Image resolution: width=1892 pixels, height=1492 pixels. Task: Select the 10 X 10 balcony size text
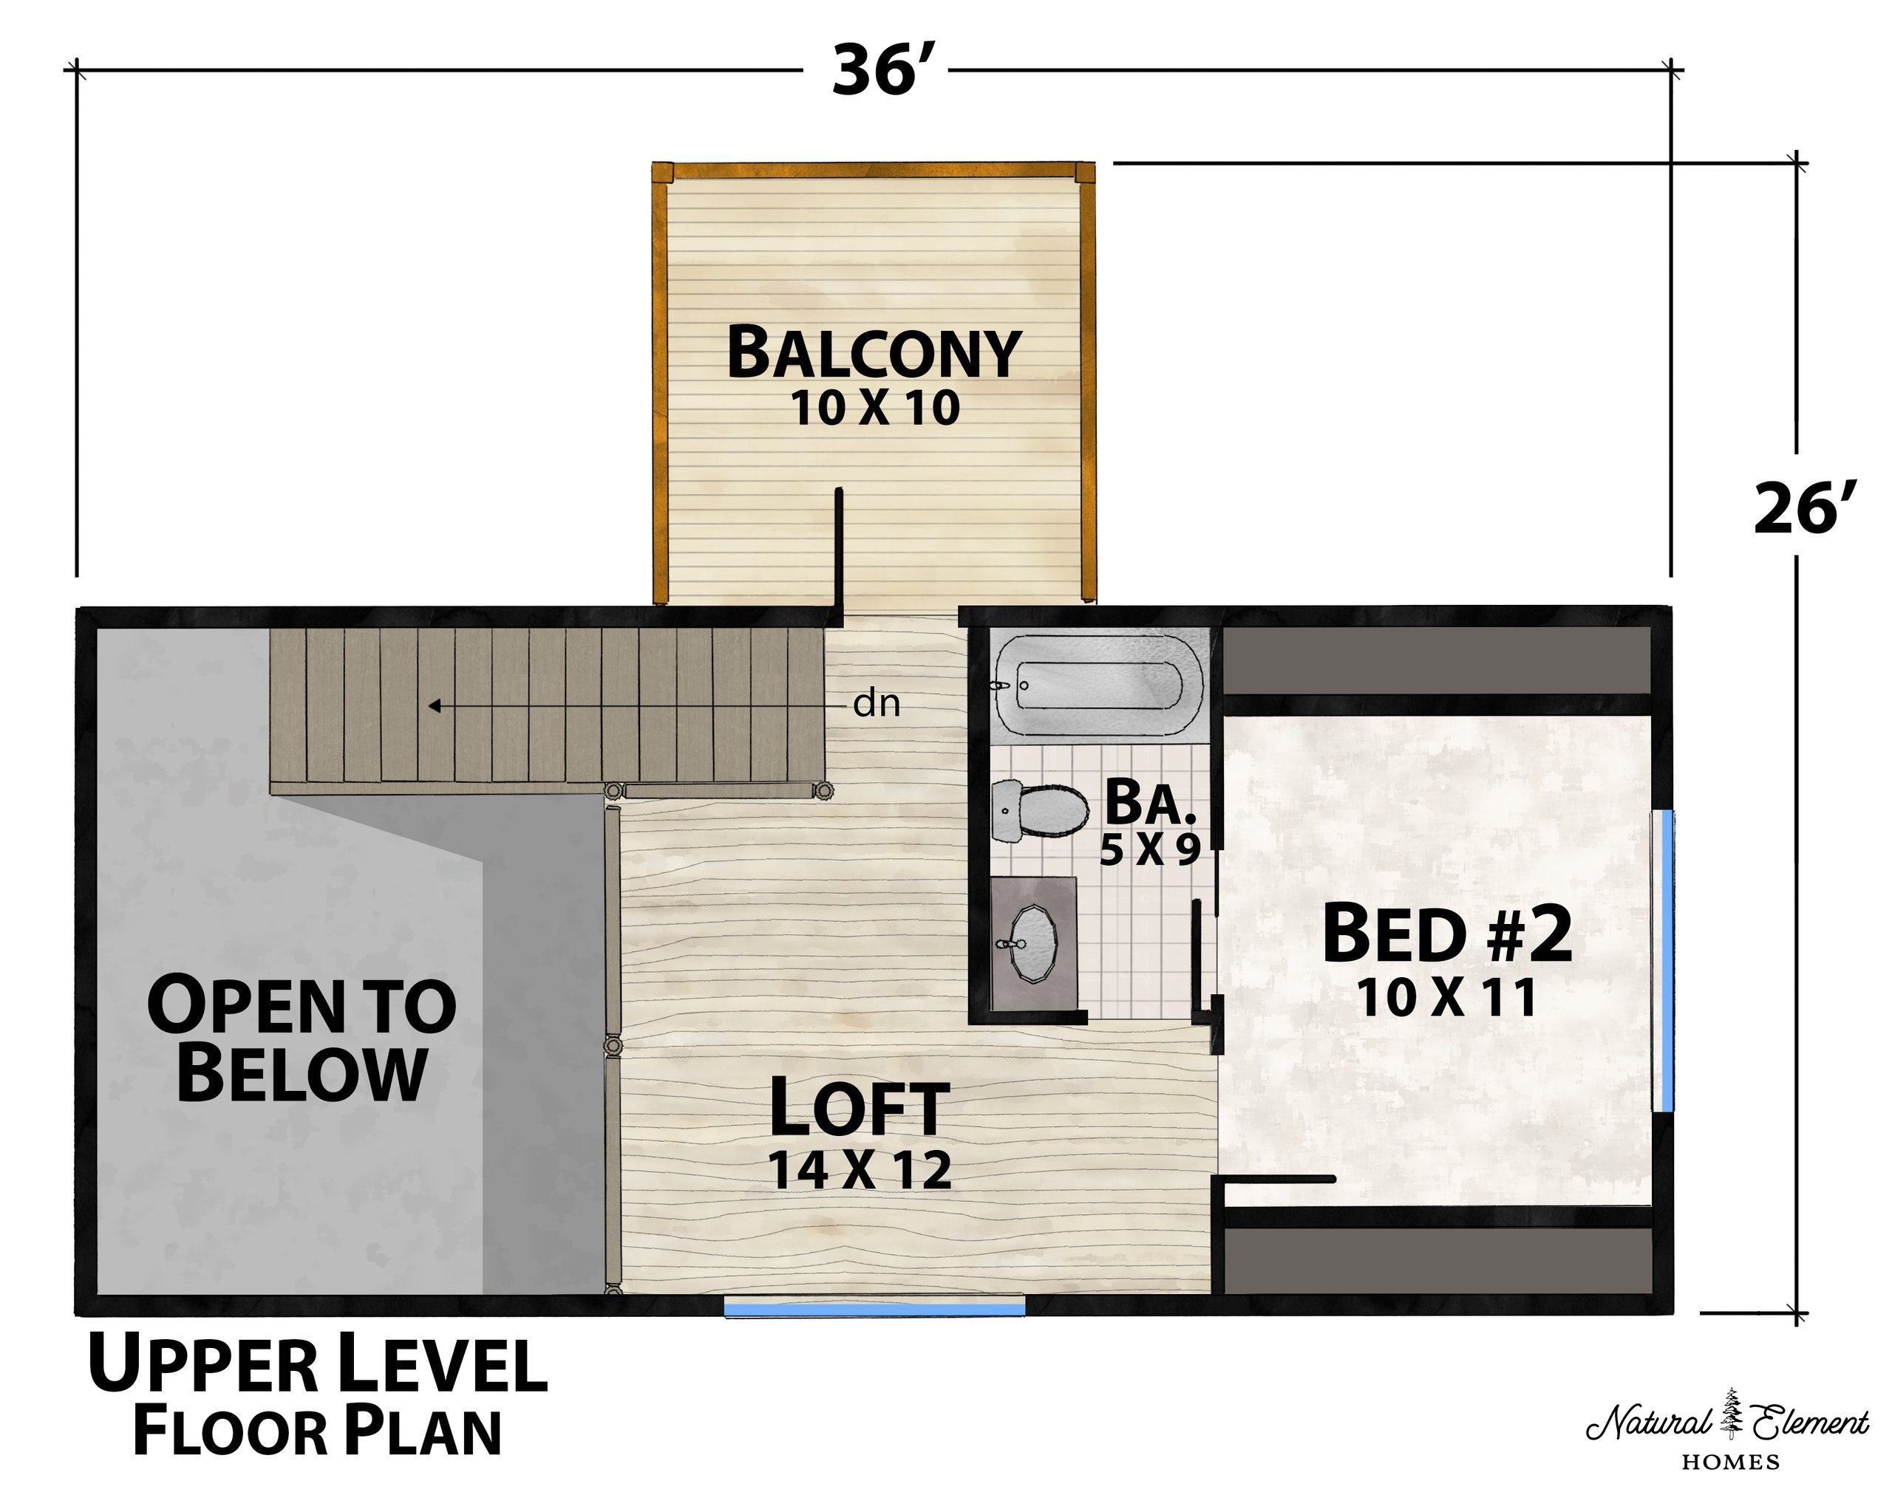click(x=875, y=408)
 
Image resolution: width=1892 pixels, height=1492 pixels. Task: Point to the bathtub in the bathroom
click(x=1098, y=685)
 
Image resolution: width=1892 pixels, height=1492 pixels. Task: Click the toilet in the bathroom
click(x=1041, y=811)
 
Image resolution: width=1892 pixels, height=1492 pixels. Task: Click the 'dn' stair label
click(x=877, y=703)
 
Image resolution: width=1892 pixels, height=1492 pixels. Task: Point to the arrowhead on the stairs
click(x=433, y=705)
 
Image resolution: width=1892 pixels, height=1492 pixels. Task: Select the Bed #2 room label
click(x=1446, y=934)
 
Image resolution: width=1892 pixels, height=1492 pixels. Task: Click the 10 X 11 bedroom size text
click(x=1447, y=998)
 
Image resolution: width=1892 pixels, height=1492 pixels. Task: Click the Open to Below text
click(x=302, y=1038)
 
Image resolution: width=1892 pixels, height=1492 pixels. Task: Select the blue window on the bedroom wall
click(x=1667, y=961)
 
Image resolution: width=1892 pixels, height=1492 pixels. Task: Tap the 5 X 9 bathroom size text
click(x=1150, y=849)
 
